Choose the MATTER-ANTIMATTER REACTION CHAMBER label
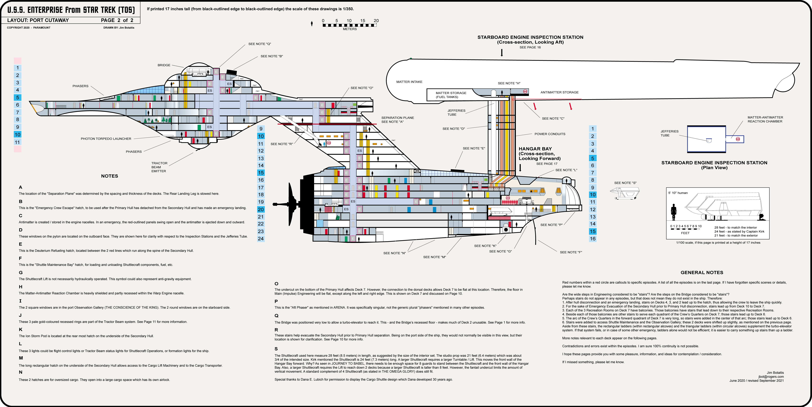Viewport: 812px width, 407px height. point(765,119)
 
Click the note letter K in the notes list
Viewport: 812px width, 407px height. point(21,329)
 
